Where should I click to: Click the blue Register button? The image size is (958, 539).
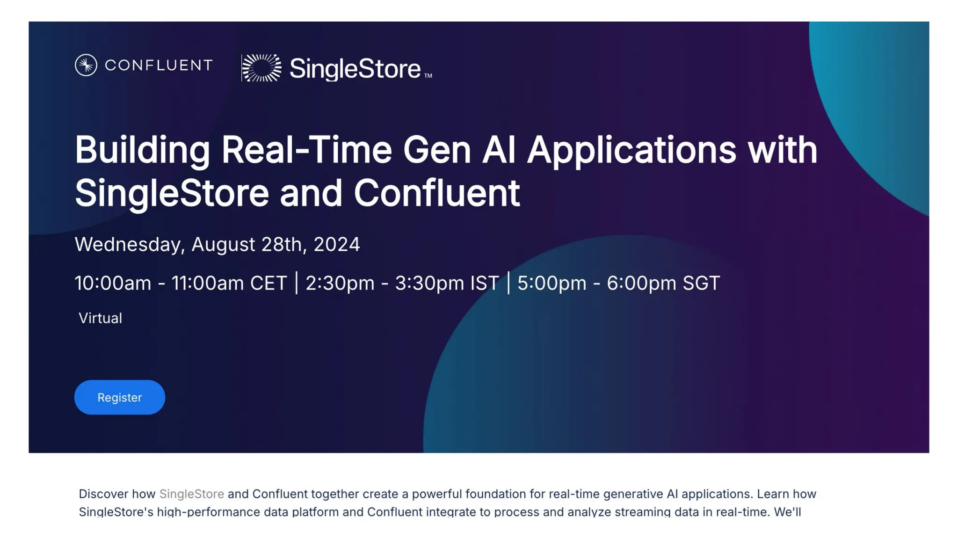pyautogui.click(x=119, y=397)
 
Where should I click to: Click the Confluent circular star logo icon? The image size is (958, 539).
pyautogui.click(x=86, y=65)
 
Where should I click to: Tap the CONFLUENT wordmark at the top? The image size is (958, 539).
pyautogui.click(x=159, y=65)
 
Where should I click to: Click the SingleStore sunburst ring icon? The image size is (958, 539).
pyautogui.click(x=262, y=68)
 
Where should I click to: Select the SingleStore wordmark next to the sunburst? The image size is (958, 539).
pyautogui.click(x=355, y=69)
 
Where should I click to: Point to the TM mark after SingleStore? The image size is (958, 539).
pyautogui.click(x=428, y=76)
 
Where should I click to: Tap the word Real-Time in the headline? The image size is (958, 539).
pyautogui.click(x=306, y=150)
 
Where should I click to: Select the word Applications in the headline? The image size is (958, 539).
pyautogui.click(x=631, y=150)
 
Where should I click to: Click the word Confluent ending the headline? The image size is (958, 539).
pyautogui.click(x=436, y=193)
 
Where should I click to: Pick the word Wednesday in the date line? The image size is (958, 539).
pyautogui.click(x=130, y=244)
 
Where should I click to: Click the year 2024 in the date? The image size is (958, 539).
pyautogui.click(x=336, y=244)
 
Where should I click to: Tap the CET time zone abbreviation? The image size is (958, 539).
pyautogui.click(x=268, y=283)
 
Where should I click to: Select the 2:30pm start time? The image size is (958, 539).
pyautogui.click(x=340, y=283)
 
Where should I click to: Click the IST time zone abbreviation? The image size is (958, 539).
pyautogui.click(x=485, y=283)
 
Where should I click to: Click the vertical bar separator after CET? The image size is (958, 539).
pyautogui.click(x=297, y=283)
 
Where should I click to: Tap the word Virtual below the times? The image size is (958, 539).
pyautogui.click(x=100, y=318)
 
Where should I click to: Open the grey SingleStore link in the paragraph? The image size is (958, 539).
pyautogui.click(x=191, y=494)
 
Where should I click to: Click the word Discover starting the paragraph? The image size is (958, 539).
pyautogui.click(x=103, y=494)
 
